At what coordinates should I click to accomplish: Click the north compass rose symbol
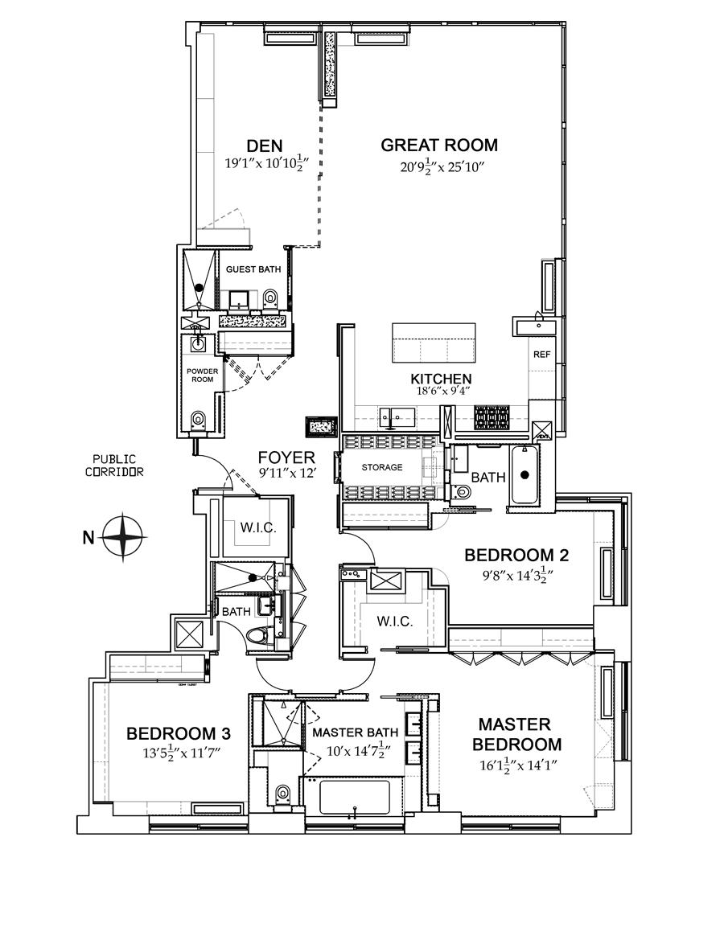(123, 535)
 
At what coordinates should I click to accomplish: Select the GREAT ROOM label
(439, 146)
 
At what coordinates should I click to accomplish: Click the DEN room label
(265, 146)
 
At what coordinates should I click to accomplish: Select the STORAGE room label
(381, 467)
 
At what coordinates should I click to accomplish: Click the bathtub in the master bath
(354, 798)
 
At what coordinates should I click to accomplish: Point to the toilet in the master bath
(282, 794)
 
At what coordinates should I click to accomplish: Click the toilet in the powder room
(198, 420)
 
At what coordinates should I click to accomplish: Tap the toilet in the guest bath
(270, 299)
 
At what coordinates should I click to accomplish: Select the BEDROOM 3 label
(179, 733)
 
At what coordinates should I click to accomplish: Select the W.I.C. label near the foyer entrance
(258, 528)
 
